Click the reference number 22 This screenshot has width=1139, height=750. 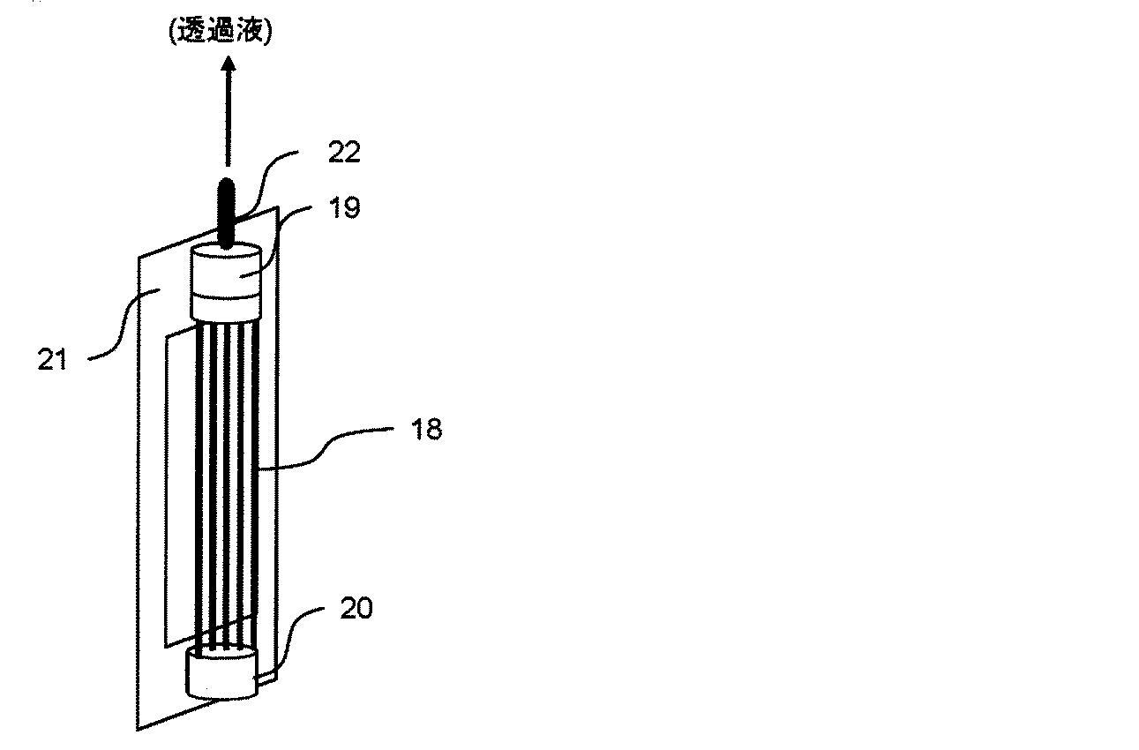344,152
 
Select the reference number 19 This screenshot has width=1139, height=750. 345,207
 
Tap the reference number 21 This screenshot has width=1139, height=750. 52,359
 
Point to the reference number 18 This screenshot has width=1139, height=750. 427,430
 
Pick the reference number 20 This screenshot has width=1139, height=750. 356,608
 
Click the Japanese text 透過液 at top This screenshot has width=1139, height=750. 221,32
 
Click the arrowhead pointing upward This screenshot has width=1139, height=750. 228,63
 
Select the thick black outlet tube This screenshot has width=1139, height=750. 226,214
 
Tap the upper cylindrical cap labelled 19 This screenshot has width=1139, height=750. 226,282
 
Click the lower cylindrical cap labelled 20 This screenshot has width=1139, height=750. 221,671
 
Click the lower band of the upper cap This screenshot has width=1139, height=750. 226,309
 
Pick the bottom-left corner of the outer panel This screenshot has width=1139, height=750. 138,731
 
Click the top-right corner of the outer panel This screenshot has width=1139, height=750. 278,206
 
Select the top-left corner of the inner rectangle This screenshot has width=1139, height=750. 166,337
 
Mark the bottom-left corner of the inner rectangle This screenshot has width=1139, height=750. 165,648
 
